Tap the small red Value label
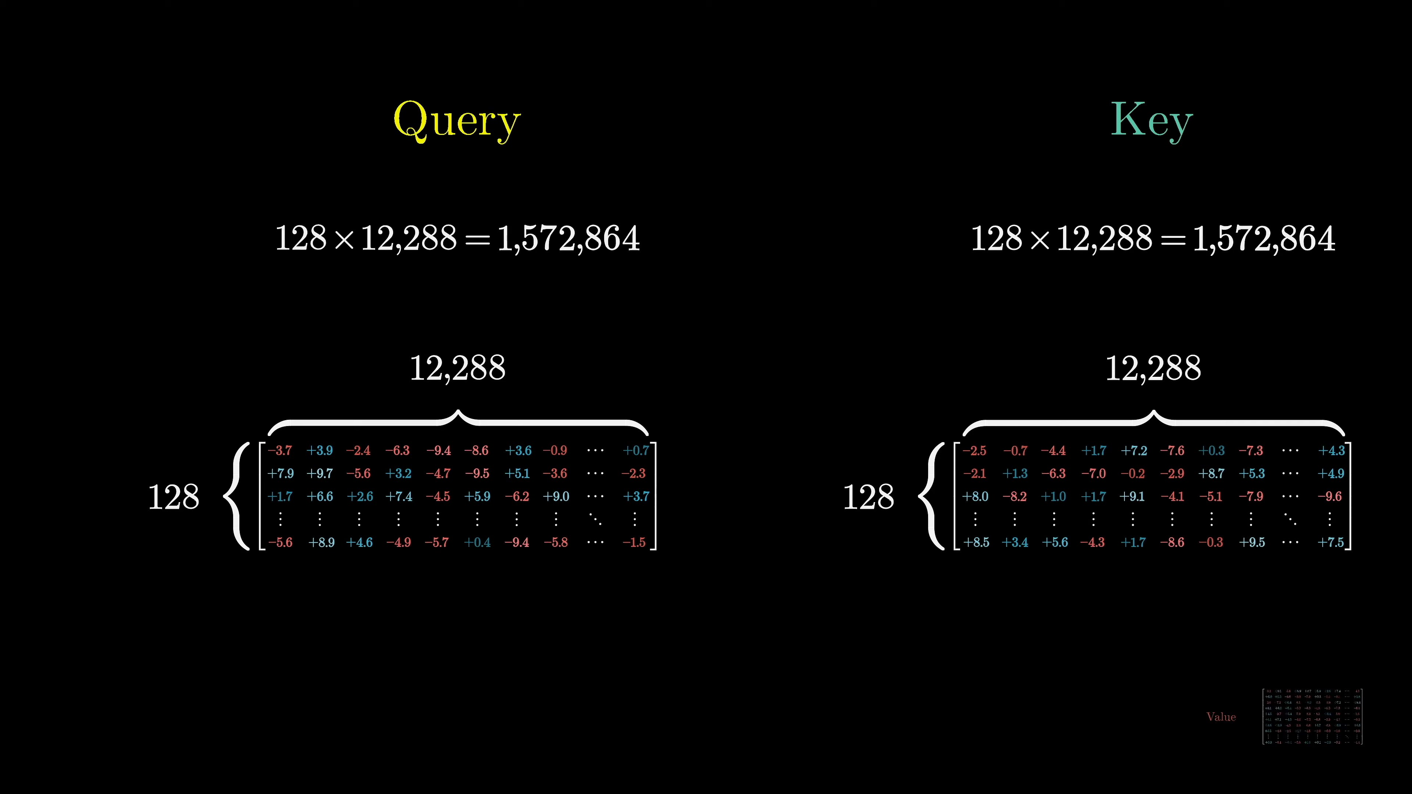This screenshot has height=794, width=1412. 1221,717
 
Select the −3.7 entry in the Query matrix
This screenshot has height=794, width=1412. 280,450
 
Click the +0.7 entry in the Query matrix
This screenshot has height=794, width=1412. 635,450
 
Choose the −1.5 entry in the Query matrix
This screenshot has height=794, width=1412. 634,543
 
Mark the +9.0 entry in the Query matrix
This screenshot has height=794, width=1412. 556,497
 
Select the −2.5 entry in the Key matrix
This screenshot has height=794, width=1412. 974,450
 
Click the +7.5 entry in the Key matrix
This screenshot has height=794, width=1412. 1330,543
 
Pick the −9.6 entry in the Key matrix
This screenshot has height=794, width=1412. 1330,497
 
